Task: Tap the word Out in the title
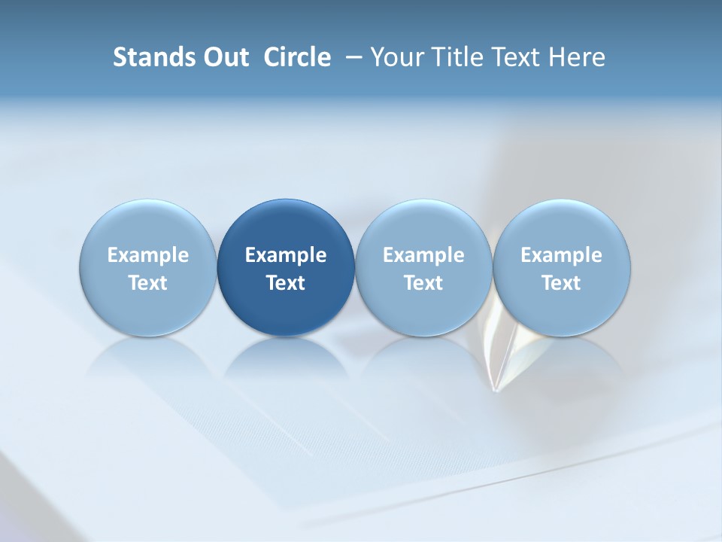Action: coord(224,57)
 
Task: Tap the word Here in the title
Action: coord(576,57)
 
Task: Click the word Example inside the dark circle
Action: coord(286,255)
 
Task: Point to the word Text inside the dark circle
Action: coord(286,283)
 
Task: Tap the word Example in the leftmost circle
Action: coord(148,255)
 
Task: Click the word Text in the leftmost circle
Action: coord(148,283)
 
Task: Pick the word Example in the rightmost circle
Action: coord(561,255)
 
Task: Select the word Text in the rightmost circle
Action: coord(561,283)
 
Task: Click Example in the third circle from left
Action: coord(423,255)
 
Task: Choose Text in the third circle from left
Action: coord(423,283)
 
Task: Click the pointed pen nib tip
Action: coord(494,389)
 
